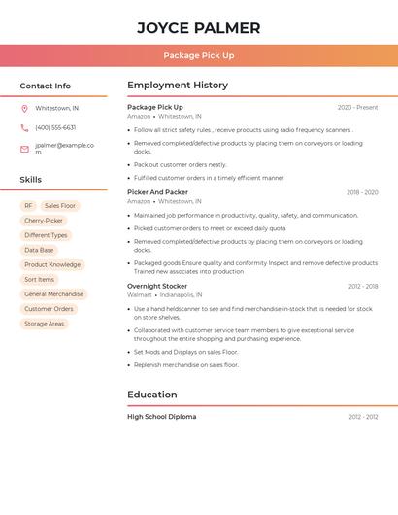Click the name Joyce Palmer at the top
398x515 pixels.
point(199,27)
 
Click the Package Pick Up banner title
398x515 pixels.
point(199,55)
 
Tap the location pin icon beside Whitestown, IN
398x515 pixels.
point(24,108)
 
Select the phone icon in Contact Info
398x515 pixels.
point(24,127)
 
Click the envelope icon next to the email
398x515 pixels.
point(24,149)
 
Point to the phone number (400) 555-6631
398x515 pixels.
point(55,127)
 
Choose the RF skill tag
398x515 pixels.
point(29,206)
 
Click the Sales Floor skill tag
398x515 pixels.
point(60,206)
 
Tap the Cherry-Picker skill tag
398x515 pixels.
point(44,221)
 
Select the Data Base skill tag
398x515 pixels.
point(40,250)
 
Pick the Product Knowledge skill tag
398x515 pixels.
point(52,264)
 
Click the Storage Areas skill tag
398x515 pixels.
point(45,324)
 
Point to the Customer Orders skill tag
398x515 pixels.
point(49,309)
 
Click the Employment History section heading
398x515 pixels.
point(178,86)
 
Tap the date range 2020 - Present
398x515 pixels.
point(357,107)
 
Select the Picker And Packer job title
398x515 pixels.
point(157,192)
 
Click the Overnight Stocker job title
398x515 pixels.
point(157,286)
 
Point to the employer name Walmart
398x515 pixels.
point(140,294)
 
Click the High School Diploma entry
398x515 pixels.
point(161,417)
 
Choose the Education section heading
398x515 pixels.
point(152,395)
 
